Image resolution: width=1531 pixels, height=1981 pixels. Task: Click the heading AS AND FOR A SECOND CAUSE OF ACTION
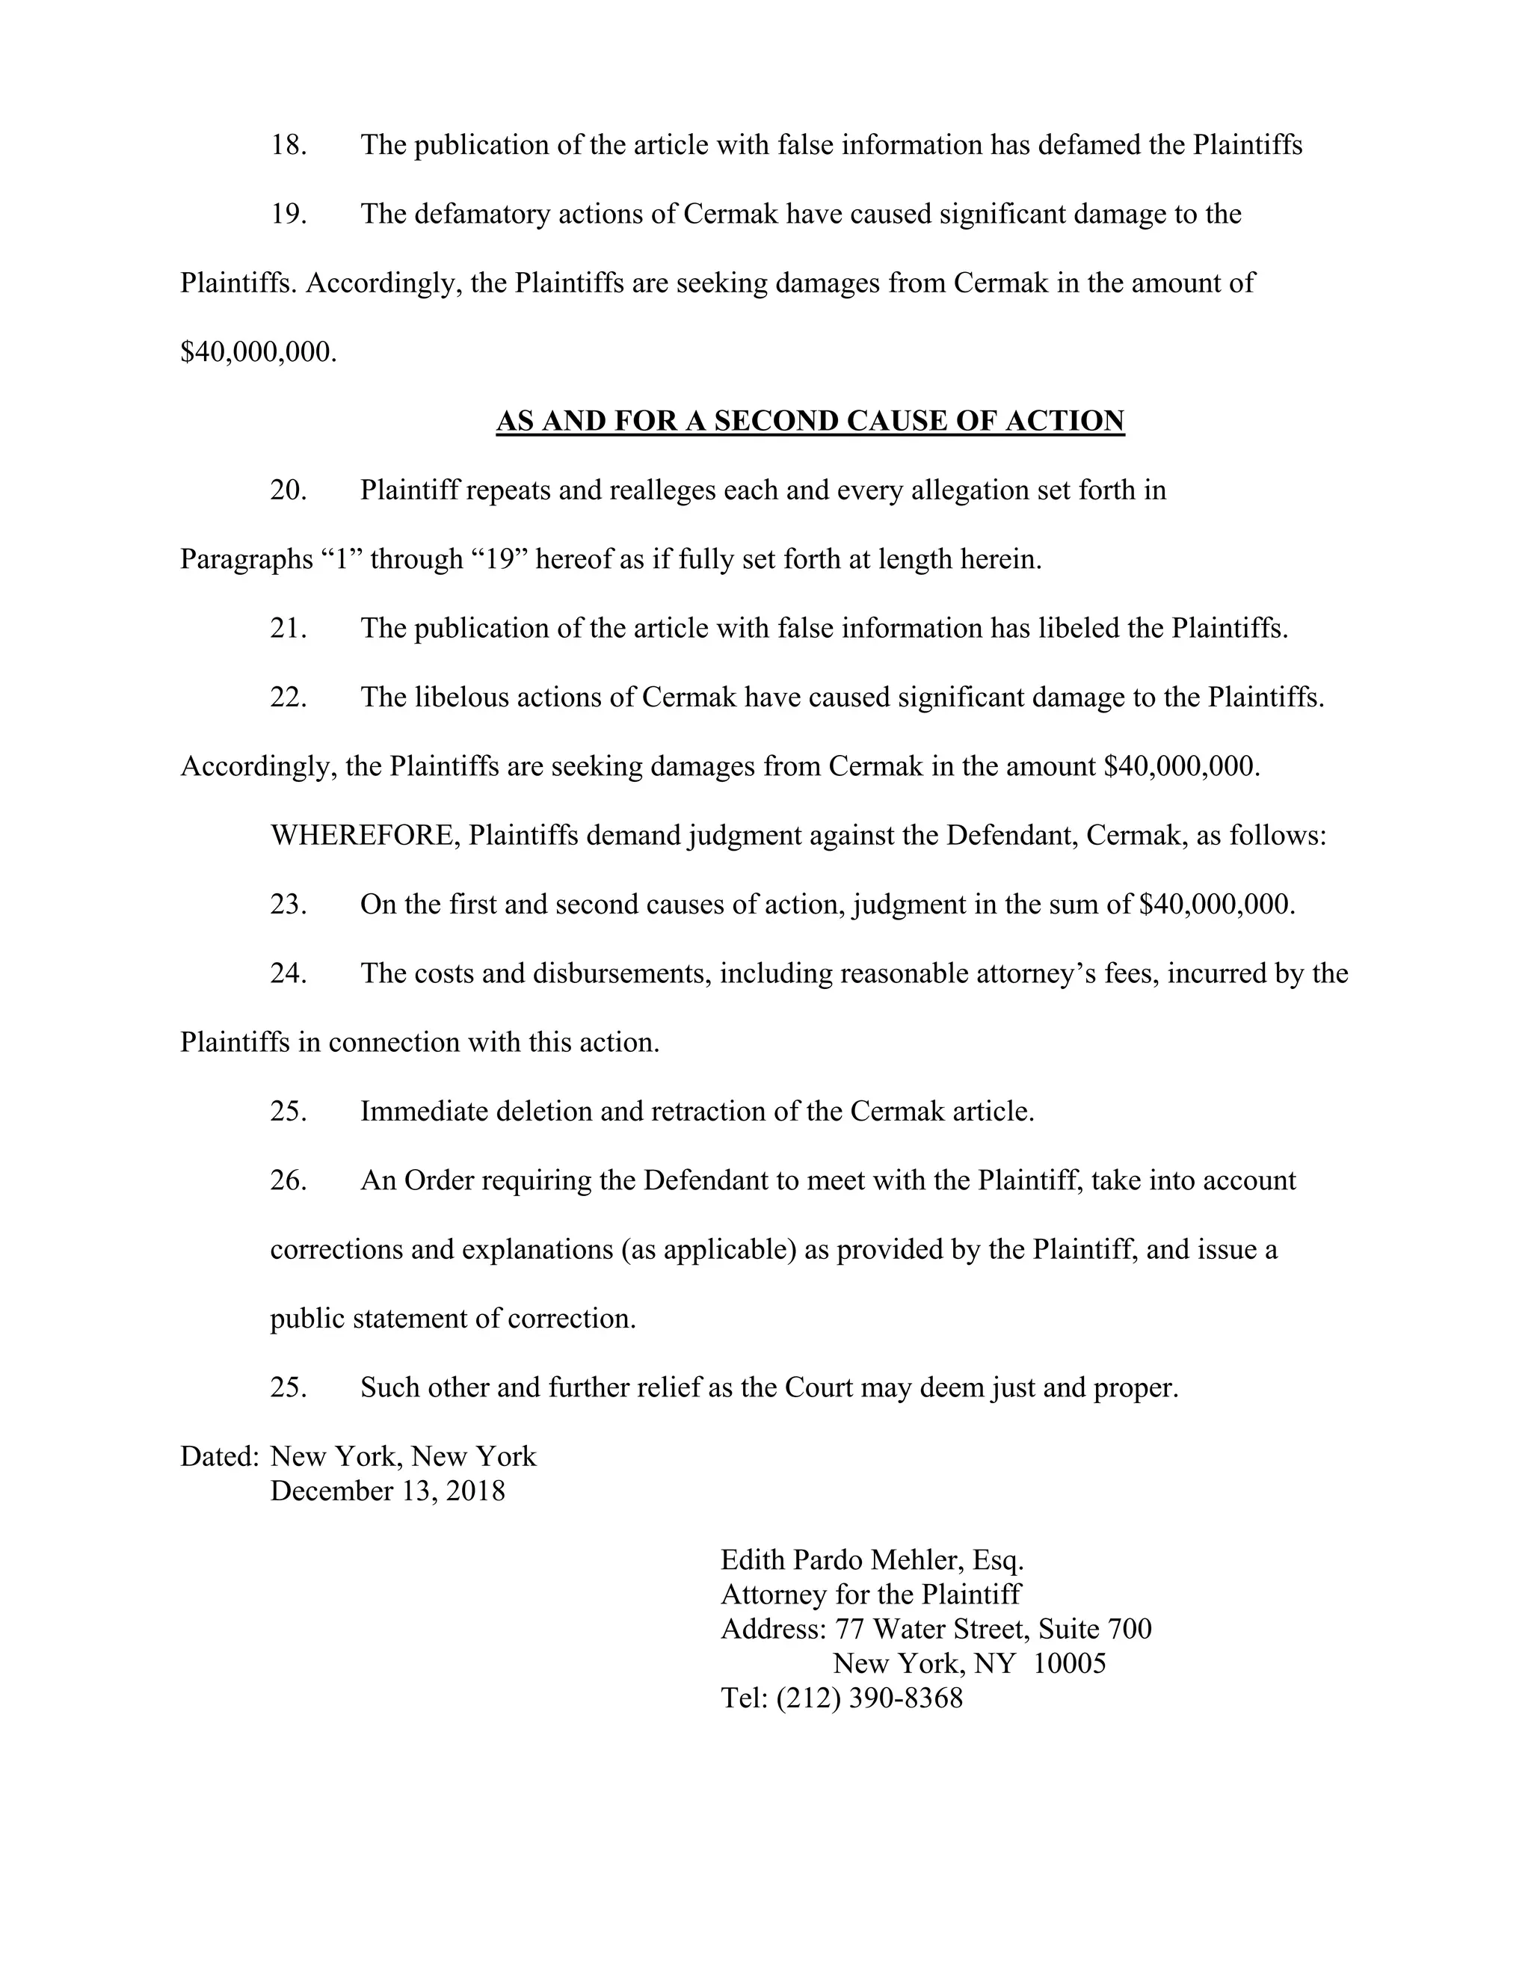[810, 421]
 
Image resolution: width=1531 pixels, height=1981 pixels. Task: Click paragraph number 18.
[289, 145]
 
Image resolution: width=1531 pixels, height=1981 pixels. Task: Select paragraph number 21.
[289, 628]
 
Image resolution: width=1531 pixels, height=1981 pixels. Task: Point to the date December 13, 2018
[387, 1491]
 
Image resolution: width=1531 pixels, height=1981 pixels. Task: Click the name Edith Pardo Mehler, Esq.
[872, 1560]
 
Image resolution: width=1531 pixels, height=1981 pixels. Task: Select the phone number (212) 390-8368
[869, 1698]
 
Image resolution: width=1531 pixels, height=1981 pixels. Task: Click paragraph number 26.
[289, 1181]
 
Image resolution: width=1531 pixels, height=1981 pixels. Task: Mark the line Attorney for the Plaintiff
[871, 1595]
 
